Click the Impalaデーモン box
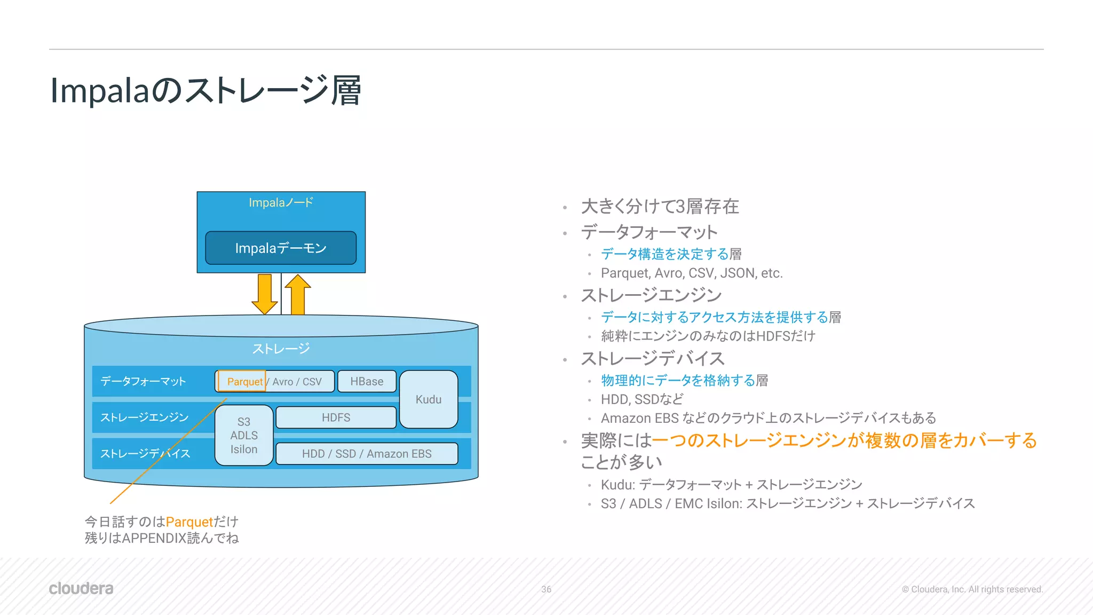(281, 248)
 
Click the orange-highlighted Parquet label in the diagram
(243, 381)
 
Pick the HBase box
(367, 381)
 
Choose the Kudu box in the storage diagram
(429, 399)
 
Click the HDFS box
(336, 417)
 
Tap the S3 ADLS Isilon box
(244, 436)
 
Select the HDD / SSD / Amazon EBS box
(367, 454)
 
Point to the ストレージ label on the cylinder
(281, 349)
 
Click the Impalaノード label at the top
(281, 203)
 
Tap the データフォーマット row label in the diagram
(143, 381)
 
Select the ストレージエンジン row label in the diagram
(145, 417)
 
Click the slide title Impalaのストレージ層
(205, 90)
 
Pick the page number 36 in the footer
(546, 589)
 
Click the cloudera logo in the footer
(81, 588)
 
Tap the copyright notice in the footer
(972, 589)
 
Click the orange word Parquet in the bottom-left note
(189, 522)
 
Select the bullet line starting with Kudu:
(731, 485)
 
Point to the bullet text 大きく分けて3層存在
(660, 207)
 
